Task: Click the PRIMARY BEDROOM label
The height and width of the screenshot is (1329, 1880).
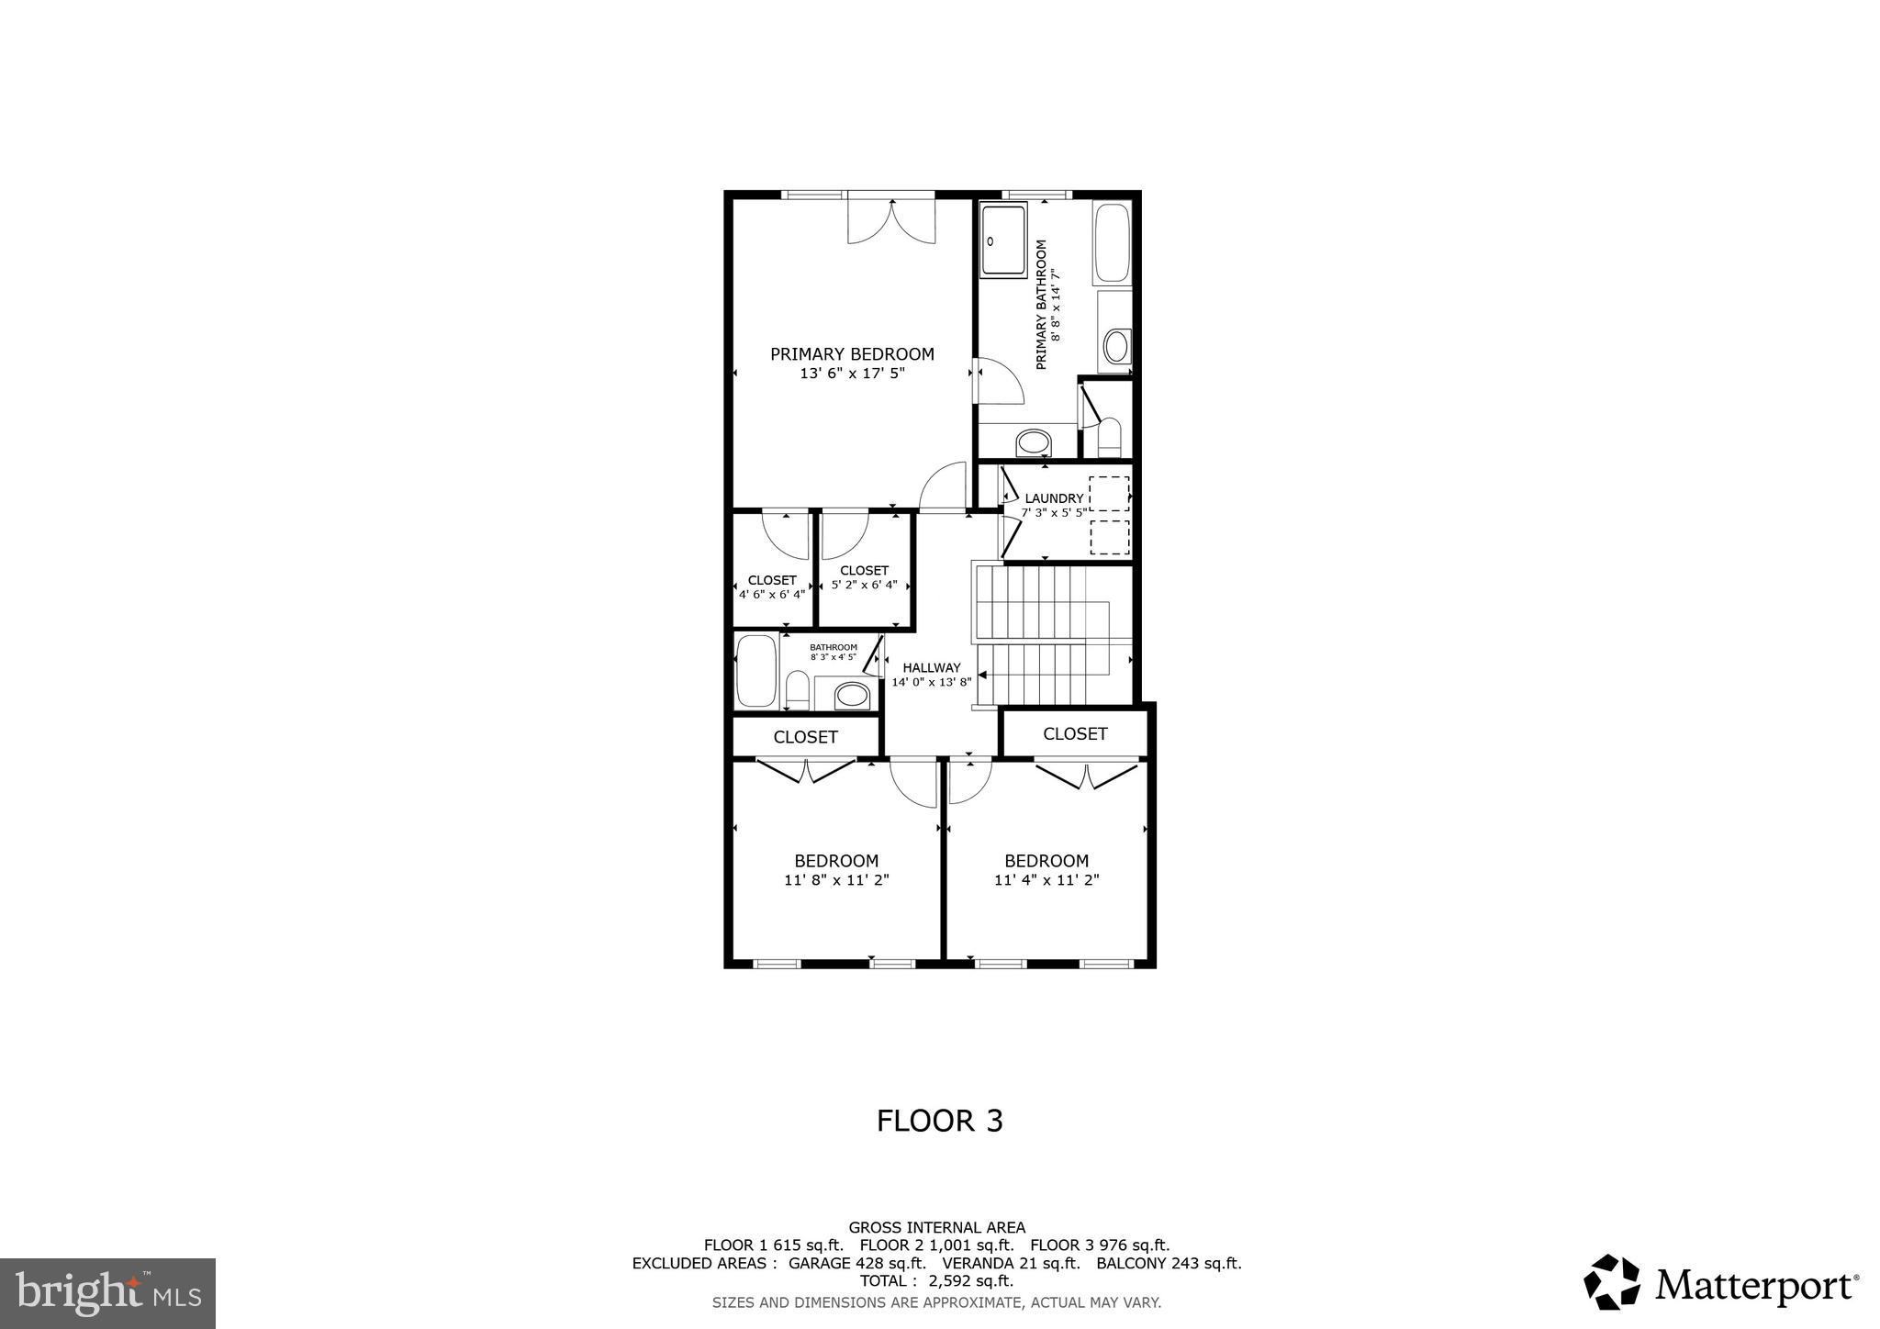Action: coord(852,354)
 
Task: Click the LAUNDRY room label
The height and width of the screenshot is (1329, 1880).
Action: coord(1054,498)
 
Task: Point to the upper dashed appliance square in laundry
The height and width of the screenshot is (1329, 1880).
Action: coord(1109,494)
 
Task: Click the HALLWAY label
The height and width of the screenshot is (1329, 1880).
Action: coord(931,668)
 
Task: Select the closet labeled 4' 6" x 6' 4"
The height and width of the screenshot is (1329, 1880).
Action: coord(772,586)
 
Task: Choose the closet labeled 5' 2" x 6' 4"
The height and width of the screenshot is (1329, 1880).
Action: coord(864,577)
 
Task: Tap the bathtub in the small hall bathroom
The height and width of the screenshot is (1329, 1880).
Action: coord(756,671)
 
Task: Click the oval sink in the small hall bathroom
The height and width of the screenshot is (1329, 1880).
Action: coord(852,696)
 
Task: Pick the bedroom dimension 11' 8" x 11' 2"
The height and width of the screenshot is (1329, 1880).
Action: coord(836,879)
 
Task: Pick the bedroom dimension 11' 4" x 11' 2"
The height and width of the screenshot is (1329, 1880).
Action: coord(1046,879)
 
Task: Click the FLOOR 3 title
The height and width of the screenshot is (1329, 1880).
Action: coord(939,1121)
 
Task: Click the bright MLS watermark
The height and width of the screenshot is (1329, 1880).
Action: coord(107,1293)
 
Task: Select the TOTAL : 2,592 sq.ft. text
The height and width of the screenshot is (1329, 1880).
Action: coord(936,1280)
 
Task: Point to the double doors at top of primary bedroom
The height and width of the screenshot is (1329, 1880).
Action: coord(890,220)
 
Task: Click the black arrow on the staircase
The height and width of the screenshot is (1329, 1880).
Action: coord(982,675)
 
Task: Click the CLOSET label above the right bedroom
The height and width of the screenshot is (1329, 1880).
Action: coord(1074,733)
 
